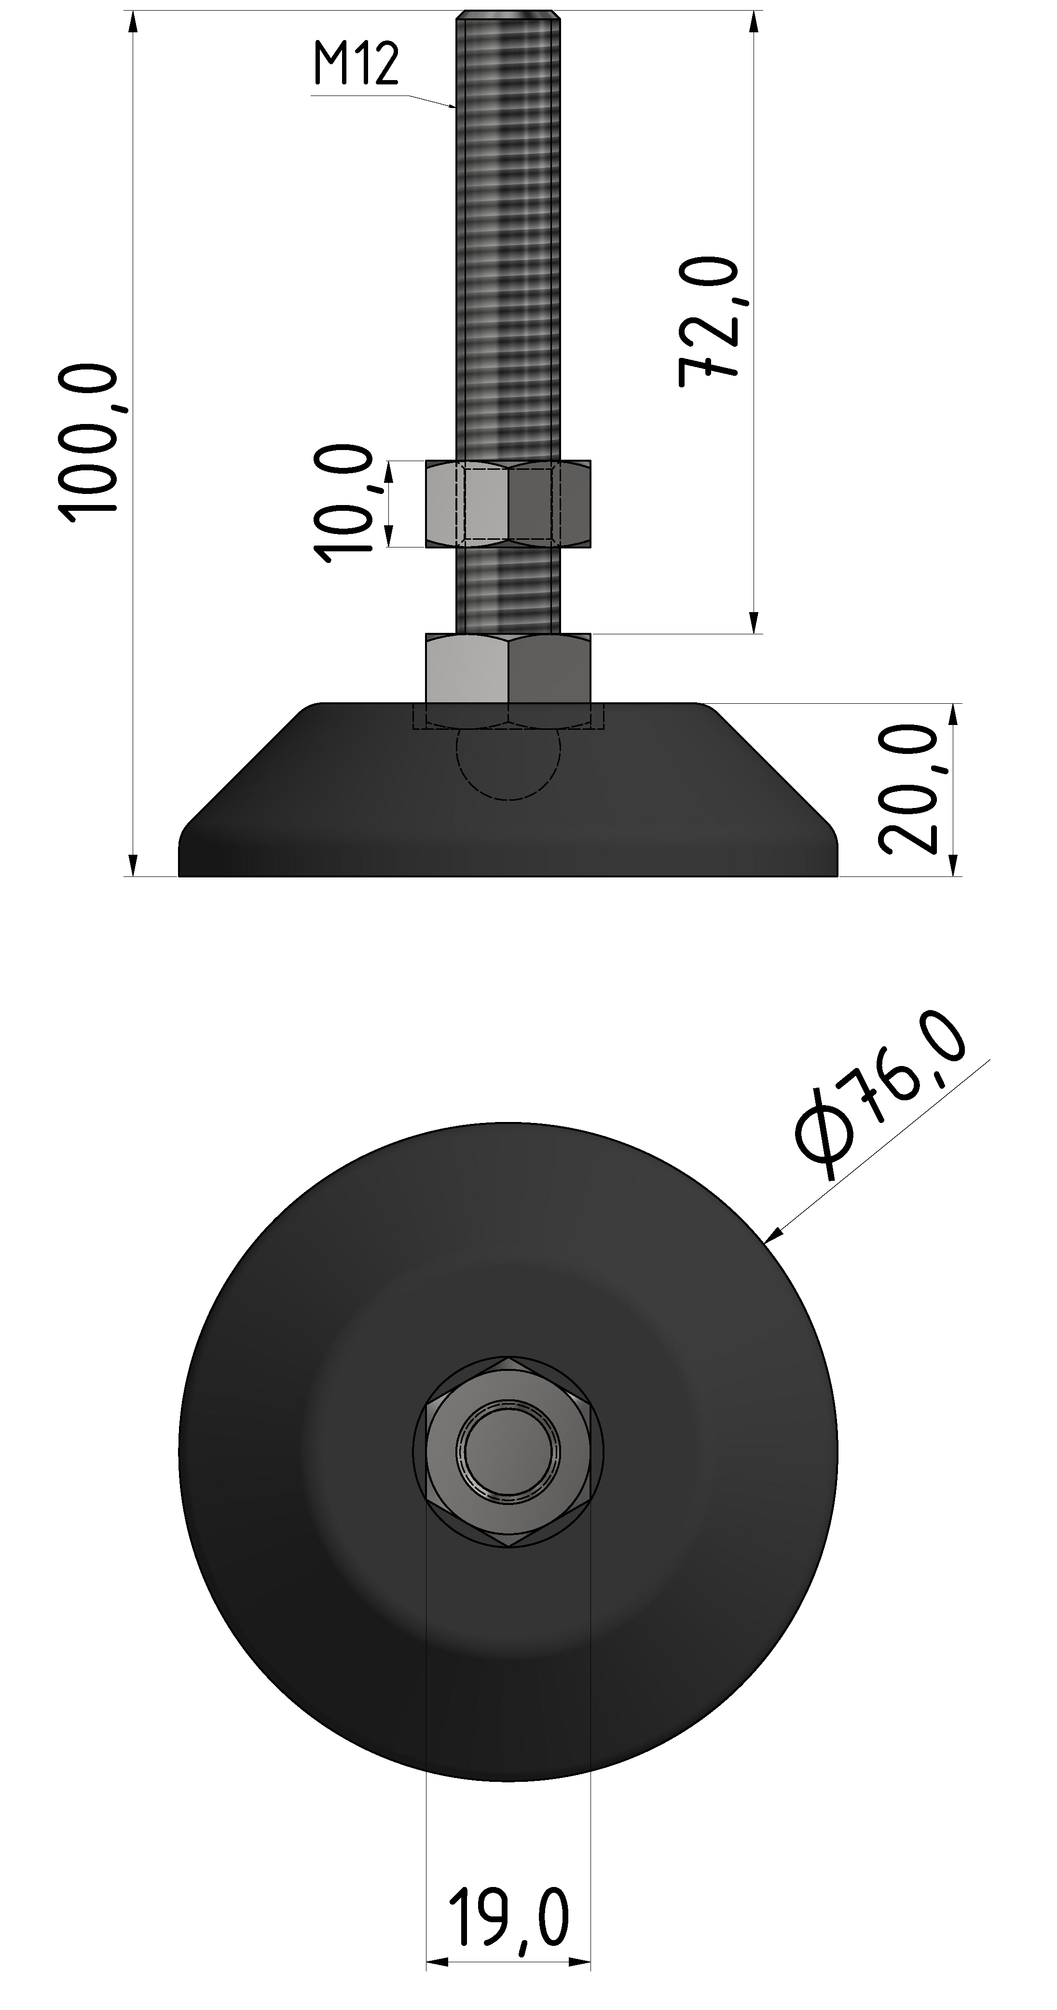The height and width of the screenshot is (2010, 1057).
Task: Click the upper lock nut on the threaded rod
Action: [x=508, y=503]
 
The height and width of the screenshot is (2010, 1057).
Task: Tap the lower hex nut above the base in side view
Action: [x=508, y=669]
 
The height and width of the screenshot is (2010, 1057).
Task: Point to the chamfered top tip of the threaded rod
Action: [x=508, y=14]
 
